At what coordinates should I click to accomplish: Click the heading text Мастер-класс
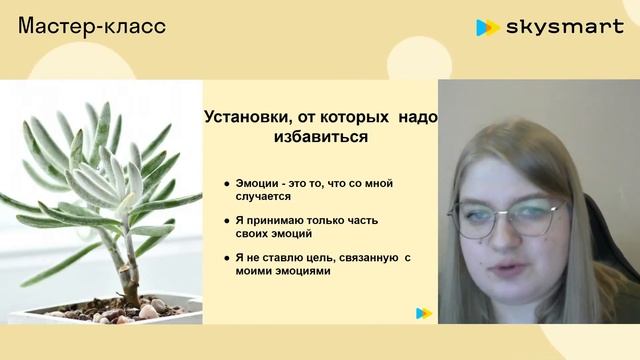[92, 26]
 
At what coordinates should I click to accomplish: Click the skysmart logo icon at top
[487, 28]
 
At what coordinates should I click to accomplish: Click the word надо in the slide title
[417, 117]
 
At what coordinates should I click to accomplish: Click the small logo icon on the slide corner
[424, 313]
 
